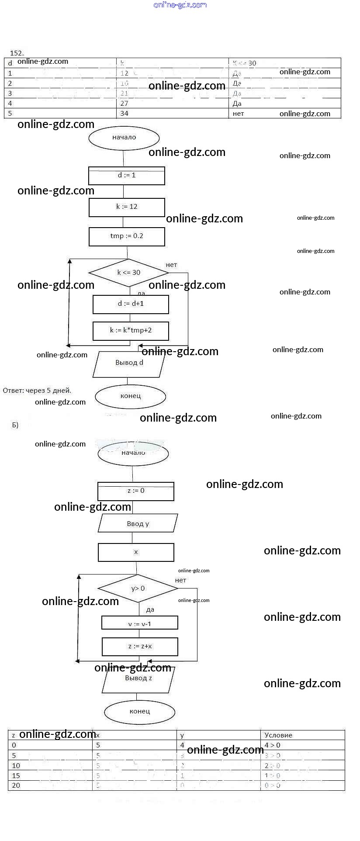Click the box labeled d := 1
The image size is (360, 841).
pyautogui.click(x=127, y=176)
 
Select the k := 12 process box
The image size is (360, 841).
pyautogui.click(x=127, y=207)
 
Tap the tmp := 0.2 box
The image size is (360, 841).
pyautogui.click(x=127, y=236)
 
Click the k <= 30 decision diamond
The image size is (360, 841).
pyautogui.click(x=128, y=273)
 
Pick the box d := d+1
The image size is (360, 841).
pyautogui.click(x=131, y=304)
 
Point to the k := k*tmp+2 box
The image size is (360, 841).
pyautogui.click(x=131, y=331)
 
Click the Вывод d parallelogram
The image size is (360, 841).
pyautogui.click(x=129, y=363)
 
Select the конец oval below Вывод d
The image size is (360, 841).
pyautogui.click(x=131, y=396)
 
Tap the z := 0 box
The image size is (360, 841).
pyautogui.click(x=136, y=491)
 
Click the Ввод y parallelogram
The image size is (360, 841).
pyautogui.click(x=138, y=523)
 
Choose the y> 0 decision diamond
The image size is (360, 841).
pyautogui.click(x=138, y=588)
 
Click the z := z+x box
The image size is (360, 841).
pyautogui.click(x=140, y=647)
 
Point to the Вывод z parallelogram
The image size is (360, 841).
pyautogui.click(x=138, y=679)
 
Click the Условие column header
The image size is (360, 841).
pyautogui.click(x=278, y=735)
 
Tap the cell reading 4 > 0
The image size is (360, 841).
pyautogui.click(x=273, y=745)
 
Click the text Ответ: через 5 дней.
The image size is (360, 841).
pyautogui.click(x=37, y=391)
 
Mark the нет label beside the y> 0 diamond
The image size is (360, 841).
pyautogui.click(x=180, y=580)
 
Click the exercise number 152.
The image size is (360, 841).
pyautogui.click(x=17, y=53)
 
